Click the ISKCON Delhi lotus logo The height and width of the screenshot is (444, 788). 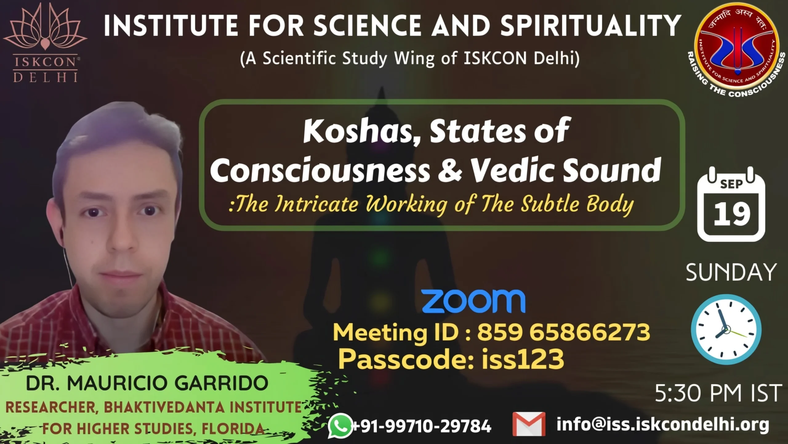45,43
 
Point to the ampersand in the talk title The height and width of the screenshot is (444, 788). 450,169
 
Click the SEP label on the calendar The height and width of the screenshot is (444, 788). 731,184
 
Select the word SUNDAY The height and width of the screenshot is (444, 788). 731,272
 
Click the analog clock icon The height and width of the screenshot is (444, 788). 726,330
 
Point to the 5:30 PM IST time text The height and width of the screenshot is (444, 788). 718,393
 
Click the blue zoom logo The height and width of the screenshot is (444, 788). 473,301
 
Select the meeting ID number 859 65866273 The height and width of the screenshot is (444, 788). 563,332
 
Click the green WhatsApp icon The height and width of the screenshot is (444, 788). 340,425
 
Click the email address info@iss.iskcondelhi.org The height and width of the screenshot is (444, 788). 663,425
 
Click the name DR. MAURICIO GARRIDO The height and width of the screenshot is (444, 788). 147,383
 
